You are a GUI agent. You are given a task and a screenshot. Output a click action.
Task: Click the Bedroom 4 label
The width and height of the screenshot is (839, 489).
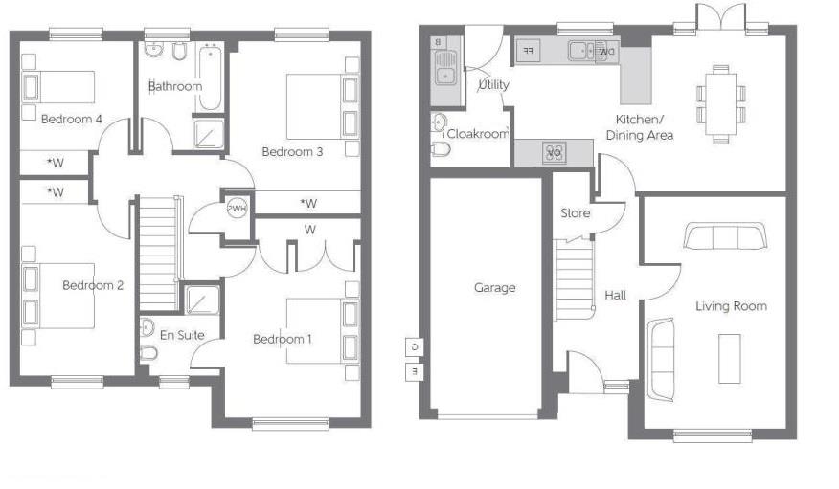pyautogui.click(x=72, y=120)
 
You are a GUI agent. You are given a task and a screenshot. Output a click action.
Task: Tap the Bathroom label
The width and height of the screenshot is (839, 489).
pyautogui.click(x=175, y=86)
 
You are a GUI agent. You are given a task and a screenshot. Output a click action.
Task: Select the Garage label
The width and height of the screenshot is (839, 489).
pyautogui.click(x=494, y=287)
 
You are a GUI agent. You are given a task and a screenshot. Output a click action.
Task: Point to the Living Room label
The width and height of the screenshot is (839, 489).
pyautogui.click(x=731, y=306)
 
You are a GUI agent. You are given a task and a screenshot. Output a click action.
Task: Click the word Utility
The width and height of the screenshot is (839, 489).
pyautogui.click(x=493, y=84)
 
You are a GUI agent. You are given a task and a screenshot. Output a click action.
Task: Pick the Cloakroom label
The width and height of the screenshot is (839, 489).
pyautogui.click(x=477, y=134)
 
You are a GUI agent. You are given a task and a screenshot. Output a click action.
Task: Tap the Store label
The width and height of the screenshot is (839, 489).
pyautogui.click(x=575, y=212)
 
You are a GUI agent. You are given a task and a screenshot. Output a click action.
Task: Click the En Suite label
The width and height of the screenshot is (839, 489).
pyautogui.click(x=181, y=334)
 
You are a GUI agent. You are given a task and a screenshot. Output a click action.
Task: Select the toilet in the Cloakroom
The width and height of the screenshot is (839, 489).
pyautogui.click(x=442, y=149)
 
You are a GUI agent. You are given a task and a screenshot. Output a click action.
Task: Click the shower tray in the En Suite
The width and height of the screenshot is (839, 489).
pyautogui.click(x=201, y=300)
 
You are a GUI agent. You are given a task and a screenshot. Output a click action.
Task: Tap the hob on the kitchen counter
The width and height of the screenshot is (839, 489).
pyautogui.click(x=554, y=150)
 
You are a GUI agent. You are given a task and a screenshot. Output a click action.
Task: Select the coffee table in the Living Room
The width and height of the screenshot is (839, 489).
pyautogui.click(x=731, y=357)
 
